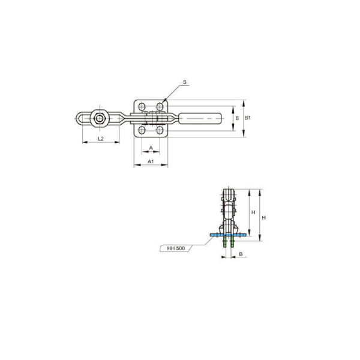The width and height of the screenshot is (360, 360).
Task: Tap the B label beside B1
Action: tap(237, 118)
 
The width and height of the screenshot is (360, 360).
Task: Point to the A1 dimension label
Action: tap(151, 161)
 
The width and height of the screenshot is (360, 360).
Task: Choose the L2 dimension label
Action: tap(101, 139)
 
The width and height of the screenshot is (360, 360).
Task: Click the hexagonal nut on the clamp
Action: tap(99, 118)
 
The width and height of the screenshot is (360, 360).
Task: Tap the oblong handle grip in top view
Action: tap(201, 118)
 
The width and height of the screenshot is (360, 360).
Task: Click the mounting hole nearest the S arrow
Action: tap(160, 107)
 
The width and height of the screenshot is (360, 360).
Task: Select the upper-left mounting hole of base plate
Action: tap(142, 107)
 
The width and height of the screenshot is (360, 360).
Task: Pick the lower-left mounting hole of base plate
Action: tap(142, 130)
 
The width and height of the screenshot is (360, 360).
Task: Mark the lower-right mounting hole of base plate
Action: tap(160, 130)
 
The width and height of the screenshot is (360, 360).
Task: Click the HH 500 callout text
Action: tap(176, 247)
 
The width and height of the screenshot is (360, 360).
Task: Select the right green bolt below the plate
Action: tap(232, 245)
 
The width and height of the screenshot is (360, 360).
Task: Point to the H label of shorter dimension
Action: tap(253, 213)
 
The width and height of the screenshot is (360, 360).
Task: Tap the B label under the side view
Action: tap(241, 254)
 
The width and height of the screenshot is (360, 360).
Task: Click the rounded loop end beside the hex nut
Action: tap(82, 118)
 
